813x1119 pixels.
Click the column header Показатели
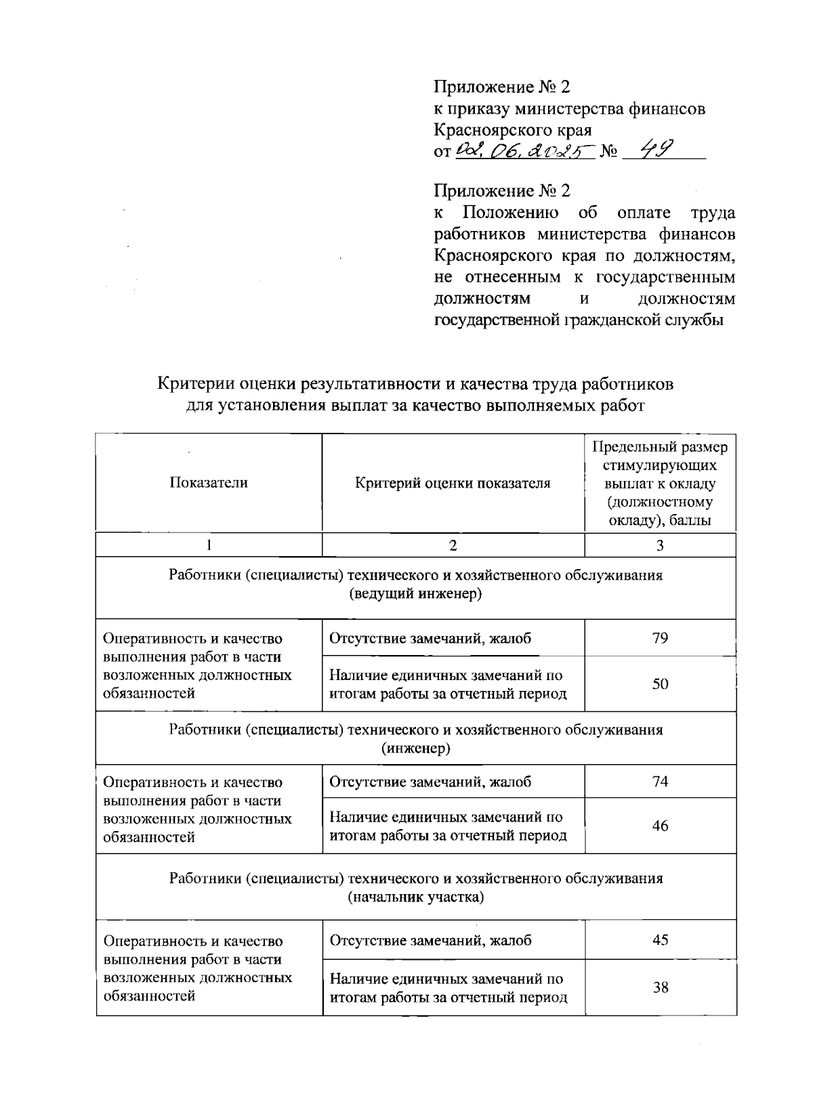[209, 483]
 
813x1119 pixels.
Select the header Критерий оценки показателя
[453, 483]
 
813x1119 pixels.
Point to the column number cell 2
[453, 545]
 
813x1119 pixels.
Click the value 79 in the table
[660, 638]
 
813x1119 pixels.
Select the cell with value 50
[660, 684]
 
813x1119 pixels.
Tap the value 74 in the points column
[660, 782]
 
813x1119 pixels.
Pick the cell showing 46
[660, 826]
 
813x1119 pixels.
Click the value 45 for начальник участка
[660, 940]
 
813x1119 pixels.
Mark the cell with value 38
[660, 988]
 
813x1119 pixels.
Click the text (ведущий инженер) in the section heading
[415, 595]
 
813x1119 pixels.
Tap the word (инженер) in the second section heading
[415, 749]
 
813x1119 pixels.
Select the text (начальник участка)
[415, 898]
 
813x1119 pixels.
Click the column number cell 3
[660, 545]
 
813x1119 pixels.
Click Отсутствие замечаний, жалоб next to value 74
[430, 782]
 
